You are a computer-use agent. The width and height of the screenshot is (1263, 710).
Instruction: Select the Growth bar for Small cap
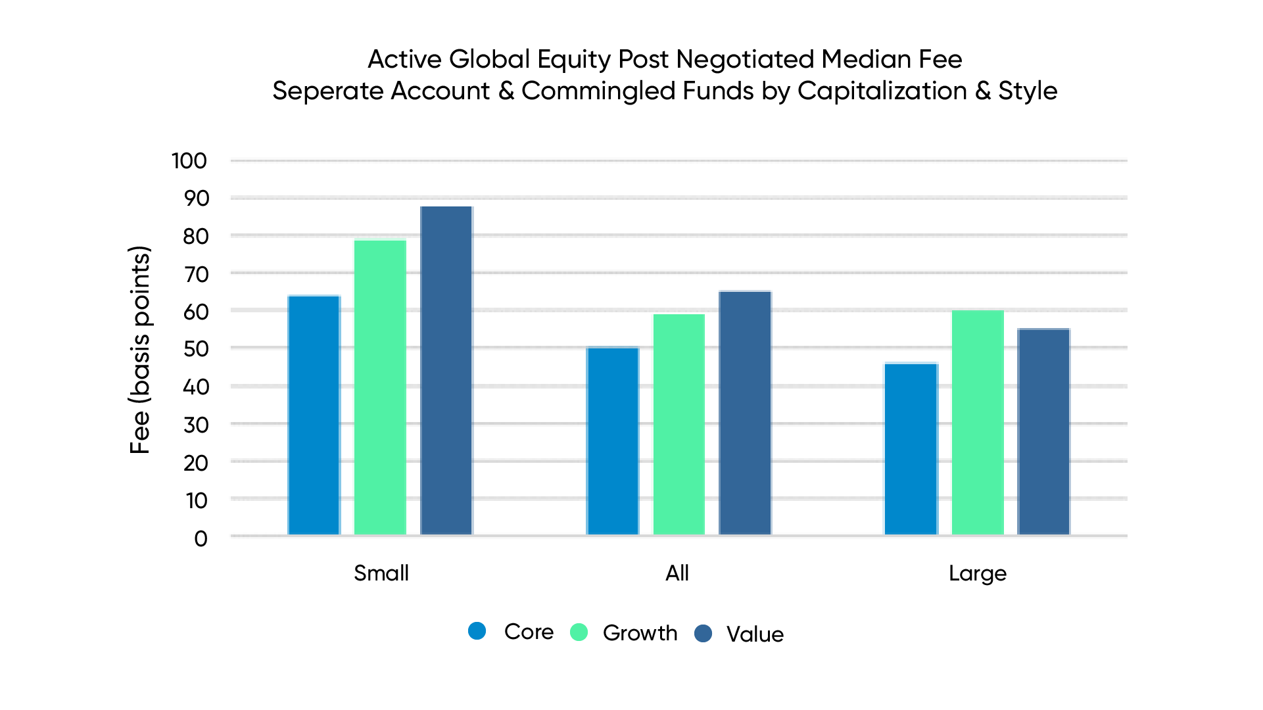(x=380, y=387)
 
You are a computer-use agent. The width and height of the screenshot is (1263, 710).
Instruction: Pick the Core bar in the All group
(x=612, y=441)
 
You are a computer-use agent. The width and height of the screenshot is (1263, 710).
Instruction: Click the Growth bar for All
(x=679, y=424)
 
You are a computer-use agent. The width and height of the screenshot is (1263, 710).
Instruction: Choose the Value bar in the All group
(x=745, y=413)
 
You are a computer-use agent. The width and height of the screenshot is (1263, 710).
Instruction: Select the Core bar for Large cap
(x=911, y=448)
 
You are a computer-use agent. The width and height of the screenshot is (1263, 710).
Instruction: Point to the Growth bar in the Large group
(x=978, y=422)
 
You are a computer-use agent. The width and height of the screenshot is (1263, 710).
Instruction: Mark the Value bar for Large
(x=1043, y=431)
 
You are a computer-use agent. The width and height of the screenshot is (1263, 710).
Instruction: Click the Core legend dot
(x=477, y=631)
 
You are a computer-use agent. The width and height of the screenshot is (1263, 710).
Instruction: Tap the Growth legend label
(x=640, y=632)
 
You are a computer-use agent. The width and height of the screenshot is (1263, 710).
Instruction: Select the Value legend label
(x=755, y=634)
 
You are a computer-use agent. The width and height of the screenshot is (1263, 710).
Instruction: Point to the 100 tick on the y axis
(x=189, y=161)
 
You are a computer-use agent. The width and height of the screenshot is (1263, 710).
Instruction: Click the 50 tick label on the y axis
(x=196, y=349)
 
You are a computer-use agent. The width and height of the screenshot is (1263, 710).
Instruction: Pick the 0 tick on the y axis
(x=201, y=539)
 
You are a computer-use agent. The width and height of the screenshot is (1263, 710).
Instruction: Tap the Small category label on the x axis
(x=381, y=573)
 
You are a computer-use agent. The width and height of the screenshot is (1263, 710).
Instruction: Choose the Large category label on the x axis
(x=977, y=573)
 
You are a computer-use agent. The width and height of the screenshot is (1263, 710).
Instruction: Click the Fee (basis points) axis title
(x=140, y=350)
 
